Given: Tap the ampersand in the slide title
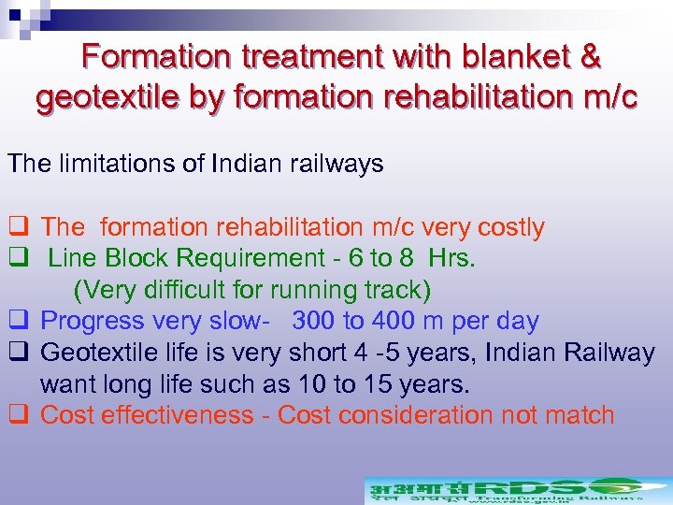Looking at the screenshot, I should point(591,57).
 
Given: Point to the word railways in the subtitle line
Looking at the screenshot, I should point(336,164).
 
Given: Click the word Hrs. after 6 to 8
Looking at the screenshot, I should point(452,259).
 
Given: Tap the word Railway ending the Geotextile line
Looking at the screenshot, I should point(609,353).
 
